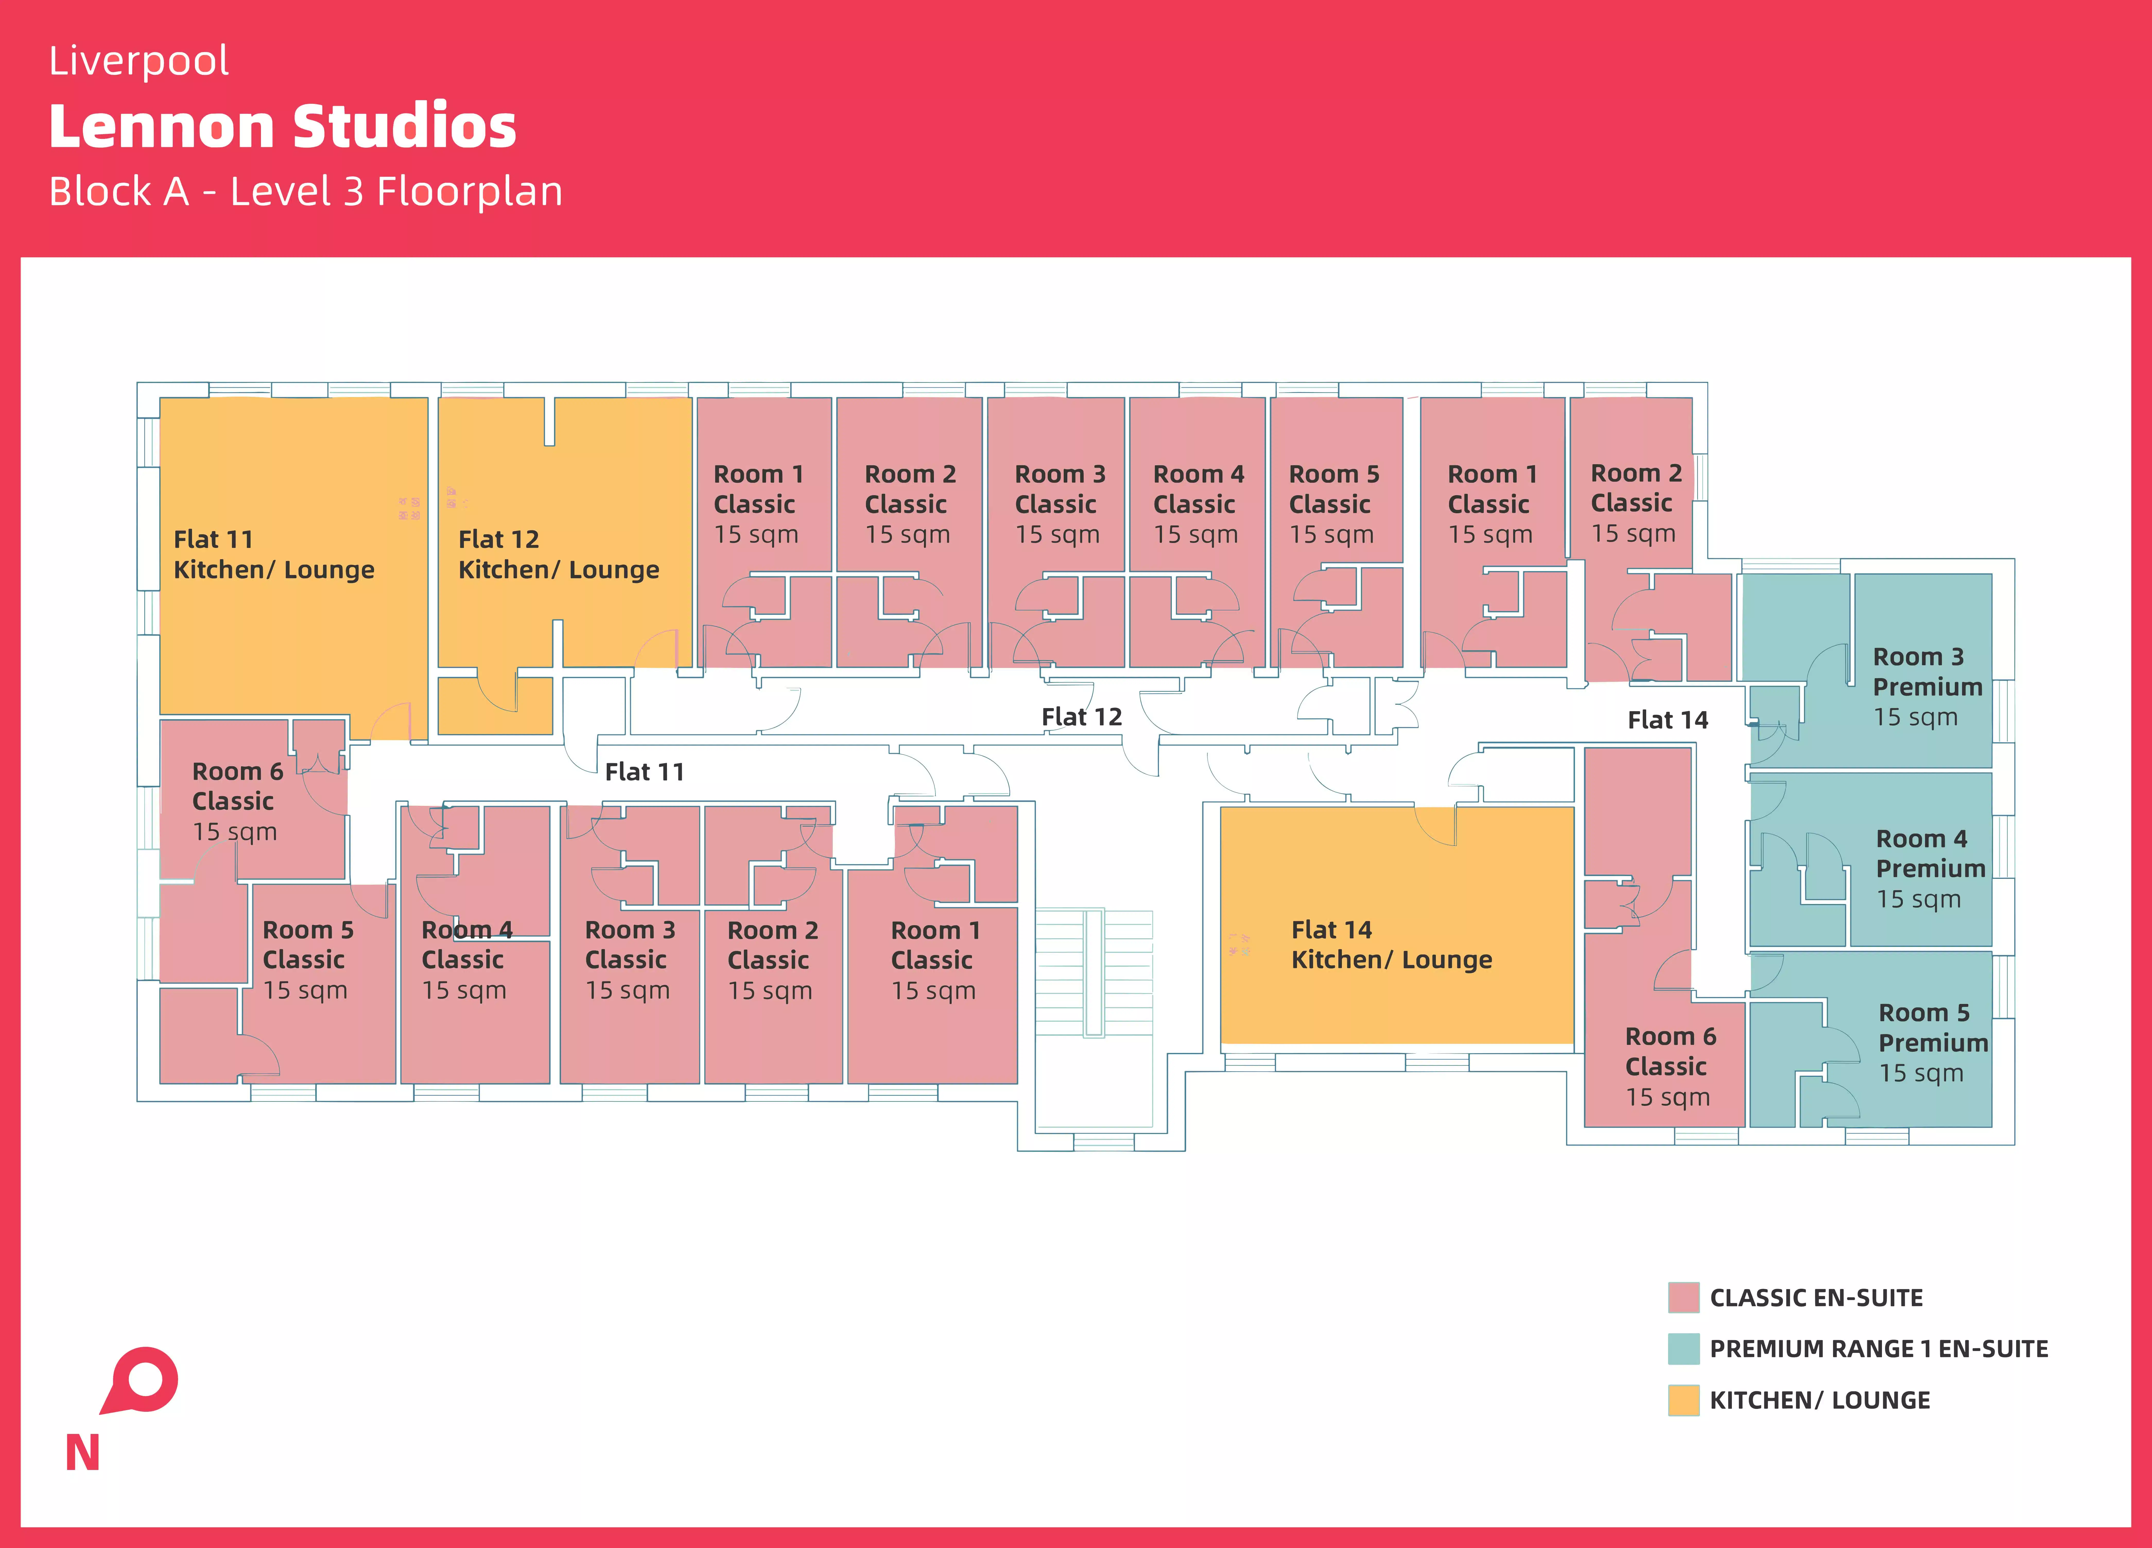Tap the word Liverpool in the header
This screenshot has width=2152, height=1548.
point(138,61)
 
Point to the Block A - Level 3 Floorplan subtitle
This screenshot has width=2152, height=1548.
point(306,192)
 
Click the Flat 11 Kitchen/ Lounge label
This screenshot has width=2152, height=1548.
point(273,554)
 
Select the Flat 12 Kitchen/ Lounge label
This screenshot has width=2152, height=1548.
point(558,554)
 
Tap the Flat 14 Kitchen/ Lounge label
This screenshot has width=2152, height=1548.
point(1391,944)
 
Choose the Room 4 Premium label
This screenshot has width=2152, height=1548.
point(1930,868)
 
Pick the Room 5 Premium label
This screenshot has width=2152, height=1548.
point(1933,1042)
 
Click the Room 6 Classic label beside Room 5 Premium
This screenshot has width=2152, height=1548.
point(1670,1066)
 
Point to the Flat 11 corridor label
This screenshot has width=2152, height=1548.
point(644,772)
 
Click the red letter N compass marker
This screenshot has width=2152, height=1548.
point(83,1452)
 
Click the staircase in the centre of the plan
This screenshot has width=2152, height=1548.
point(1093,973)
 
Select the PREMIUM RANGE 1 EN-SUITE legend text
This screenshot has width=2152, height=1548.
point(1879,1349)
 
